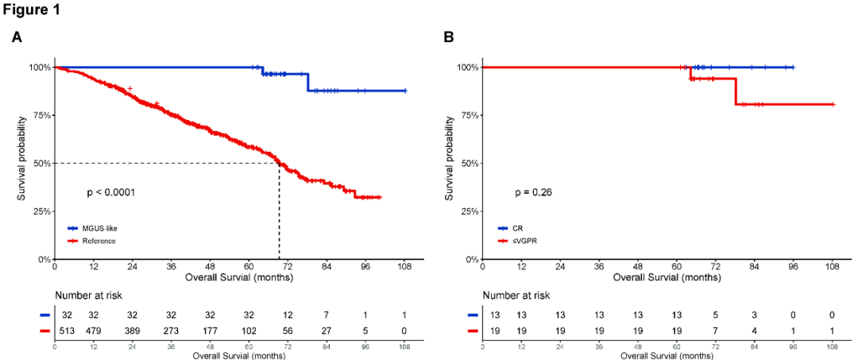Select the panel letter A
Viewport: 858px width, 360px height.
tap(17, 37)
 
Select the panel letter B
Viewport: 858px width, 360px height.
tap(448, 37)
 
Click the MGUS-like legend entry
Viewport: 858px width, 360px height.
tap(99, 228)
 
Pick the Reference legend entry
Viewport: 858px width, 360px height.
tap(99, 240)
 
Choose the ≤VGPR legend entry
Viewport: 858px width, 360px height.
tap(522, 240)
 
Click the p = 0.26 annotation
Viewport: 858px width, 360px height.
tap(534, 192)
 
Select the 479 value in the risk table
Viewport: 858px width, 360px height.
tap(95, 330)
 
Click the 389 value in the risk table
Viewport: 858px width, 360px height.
tap(133, 330)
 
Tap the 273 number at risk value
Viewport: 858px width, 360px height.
tap(172, 330)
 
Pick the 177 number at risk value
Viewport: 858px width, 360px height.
tap(211, 330)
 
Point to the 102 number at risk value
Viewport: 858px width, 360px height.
tap(249, 330)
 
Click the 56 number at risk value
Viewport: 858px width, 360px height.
tap(288, 330)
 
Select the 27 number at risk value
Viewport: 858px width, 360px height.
tap(327, 330)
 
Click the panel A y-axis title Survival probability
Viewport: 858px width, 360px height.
tap(21, 163)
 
